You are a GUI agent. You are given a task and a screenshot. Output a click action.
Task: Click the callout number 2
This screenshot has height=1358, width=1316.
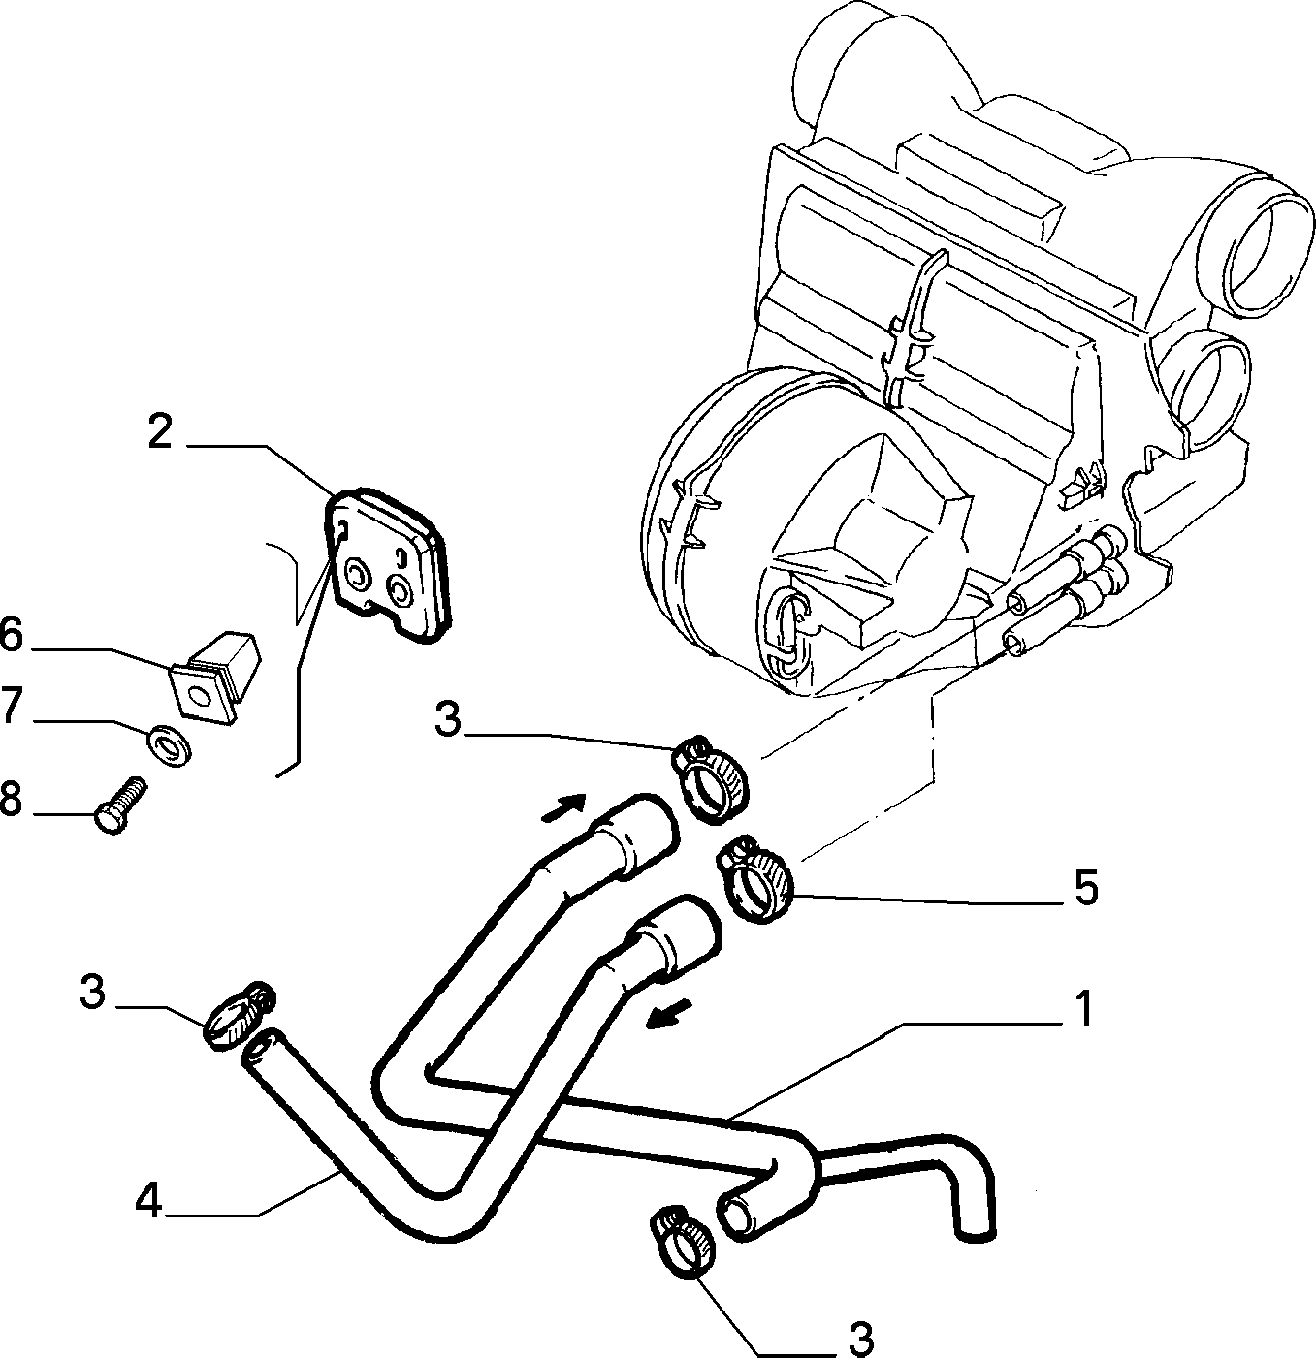pos(160,431)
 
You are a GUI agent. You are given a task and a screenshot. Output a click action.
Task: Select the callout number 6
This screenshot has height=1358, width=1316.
pos(11,637)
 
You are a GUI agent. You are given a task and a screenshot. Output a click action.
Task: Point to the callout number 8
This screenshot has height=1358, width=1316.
pos(11,799)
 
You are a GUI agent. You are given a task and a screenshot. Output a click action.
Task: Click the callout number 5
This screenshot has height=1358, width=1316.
pos(1085,888)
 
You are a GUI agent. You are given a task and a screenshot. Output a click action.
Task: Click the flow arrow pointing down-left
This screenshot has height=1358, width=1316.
pos(669,1016)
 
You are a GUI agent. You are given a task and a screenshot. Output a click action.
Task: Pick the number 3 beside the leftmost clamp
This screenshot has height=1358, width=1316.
pos(93,992)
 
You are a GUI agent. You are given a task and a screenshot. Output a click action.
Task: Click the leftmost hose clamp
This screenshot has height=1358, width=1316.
pos(240,1016)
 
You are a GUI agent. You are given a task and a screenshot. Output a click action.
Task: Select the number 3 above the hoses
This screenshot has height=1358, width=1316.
pos(447,719)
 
